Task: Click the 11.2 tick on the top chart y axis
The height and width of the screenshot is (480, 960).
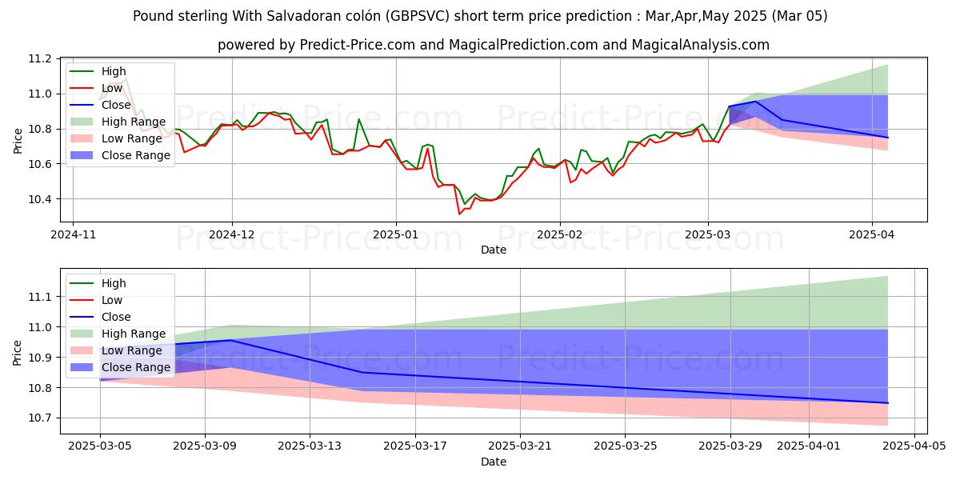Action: point(41,58)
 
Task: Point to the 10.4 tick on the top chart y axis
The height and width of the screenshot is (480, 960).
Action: point(41,199)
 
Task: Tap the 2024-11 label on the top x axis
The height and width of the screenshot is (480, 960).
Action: point(73,236)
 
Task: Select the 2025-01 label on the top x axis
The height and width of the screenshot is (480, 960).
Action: point(395,236)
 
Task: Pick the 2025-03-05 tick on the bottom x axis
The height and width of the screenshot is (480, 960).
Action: point(100,446)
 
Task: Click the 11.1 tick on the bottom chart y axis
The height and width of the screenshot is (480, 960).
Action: point(41,297)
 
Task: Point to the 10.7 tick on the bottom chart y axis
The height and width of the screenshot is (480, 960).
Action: point(41,418)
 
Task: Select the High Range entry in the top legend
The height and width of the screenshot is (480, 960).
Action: point(134,122)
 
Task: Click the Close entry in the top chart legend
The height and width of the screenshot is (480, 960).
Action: point(118,105)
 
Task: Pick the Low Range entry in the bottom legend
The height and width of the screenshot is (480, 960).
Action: point(134,350)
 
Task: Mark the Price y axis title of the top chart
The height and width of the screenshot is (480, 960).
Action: point(18,140)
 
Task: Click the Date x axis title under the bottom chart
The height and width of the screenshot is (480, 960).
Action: point(494,462)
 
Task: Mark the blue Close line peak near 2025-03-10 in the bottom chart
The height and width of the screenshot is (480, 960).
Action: point(231,340)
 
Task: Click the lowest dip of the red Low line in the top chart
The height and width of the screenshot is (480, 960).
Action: point(459,214)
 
